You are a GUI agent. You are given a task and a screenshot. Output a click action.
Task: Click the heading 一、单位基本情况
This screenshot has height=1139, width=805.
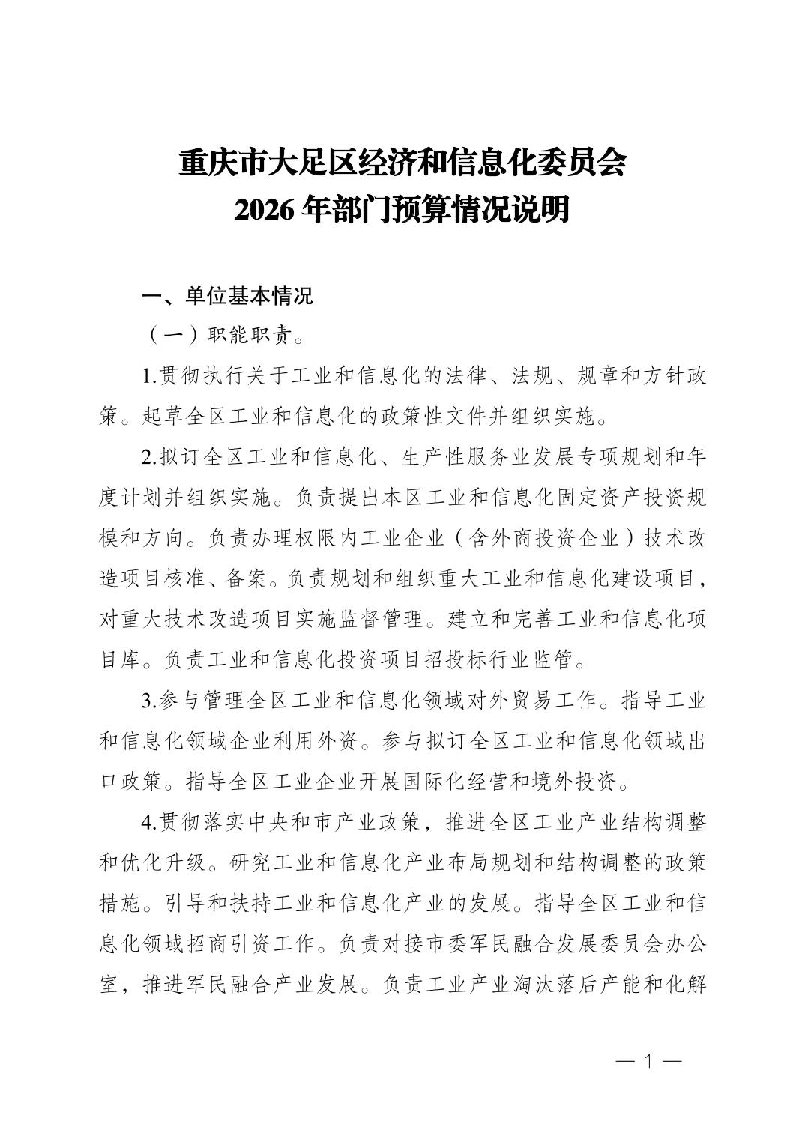coord(227,297)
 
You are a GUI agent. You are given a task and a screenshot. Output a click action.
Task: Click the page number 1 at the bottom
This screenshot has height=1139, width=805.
coord(649,1061)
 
